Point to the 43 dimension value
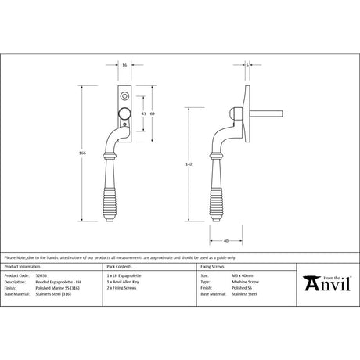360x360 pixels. [142, 113]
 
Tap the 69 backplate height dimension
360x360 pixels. [152, 113]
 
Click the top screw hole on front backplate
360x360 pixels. [124, 95]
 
